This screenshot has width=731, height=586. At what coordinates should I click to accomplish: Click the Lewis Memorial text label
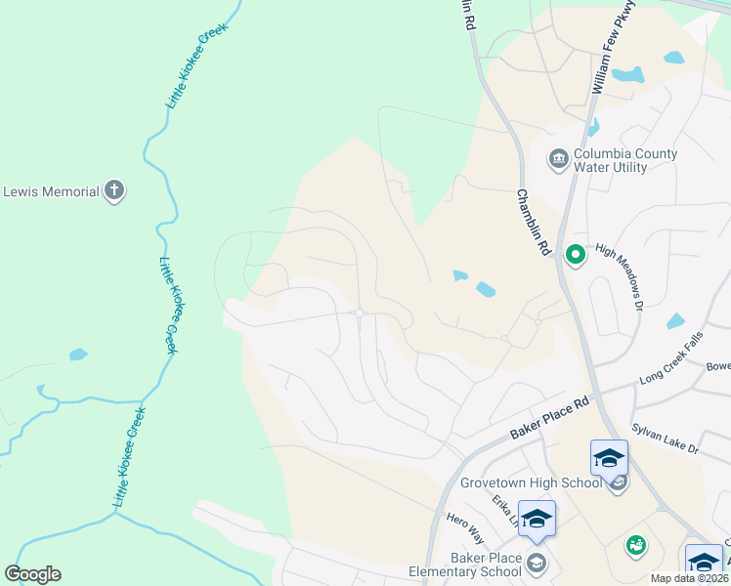click(51, 191)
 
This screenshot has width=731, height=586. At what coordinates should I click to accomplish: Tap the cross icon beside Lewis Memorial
click(114, 191)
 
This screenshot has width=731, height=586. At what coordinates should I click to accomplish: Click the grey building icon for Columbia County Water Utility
click(558, 159)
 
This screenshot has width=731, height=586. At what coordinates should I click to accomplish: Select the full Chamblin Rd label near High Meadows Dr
click(530, 223)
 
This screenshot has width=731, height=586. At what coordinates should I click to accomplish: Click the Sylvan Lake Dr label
click(666, 434)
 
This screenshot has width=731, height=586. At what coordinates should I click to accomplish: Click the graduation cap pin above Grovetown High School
click(609, 457)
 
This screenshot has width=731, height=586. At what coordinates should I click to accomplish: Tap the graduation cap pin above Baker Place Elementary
click(537, 518)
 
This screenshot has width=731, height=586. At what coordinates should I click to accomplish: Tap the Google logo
click(32, 574)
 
